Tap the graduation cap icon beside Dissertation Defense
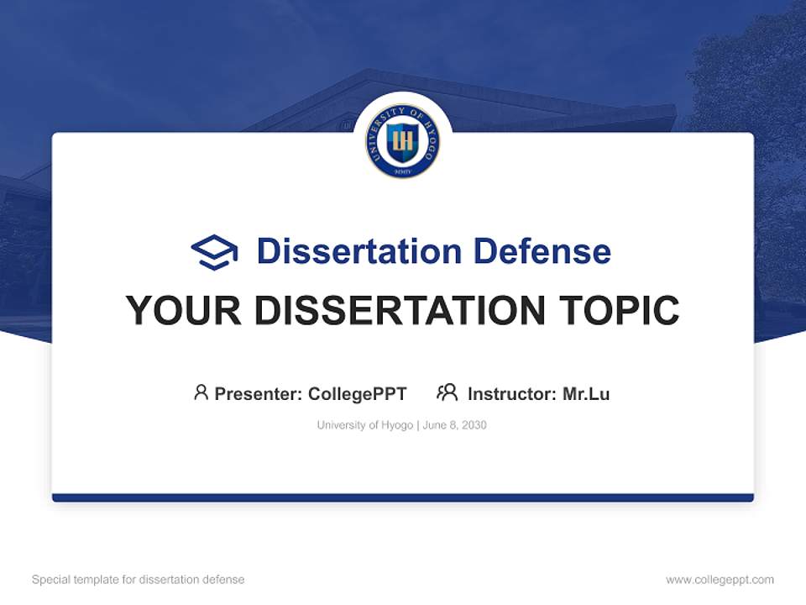coord(214,252)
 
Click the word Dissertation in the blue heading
coord(359,251)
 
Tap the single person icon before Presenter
coord(201,392)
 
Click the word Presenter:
coord(259,393)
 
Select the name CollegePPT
coord(357,393)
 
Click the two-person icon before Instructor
coord(447,392)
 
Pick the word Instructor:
coord(511,393)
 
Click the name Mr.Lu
coord(586,393)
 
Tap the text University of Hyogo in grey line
coord(364,425)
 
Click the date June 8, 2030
coord(455,425)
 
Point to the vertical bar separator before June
coord(418,425)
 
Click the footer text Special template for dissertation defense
coord(138,580)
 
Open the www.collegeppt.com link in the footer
coord(720,580)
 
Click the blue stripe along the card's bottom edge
coord(403,497)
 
